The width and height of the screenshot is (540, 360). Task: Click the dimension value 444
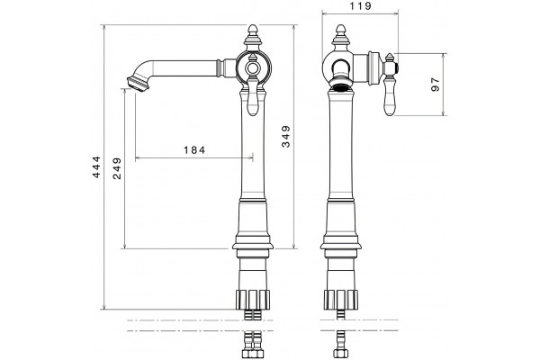(97, 167)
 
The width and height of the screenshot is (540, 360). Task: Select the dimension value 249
(117, 168)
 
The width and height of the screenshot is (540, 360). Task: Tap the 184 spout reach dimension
(194, 150)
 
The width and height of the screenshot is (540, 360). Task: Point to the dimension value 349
(286, 137)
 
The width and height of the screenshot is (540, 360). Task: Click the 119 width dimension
(360, 6)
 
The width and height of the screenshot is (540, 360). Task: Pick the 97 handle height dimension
(436, 85)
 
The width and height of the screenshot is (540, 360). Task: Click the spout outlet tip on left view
(139, 84)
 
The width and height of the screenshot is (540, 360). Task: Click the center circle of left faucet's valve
(253, 67)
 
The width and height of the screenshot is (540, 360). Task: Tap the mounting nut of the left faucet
(253, 299)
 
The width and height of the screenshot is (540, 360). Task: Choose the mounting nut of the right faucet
(341, 299)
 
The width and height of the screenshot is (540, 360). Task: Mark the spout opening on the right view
(341, 84)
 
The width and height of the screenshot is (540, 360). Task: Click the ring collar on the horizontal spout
(218, 67)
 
